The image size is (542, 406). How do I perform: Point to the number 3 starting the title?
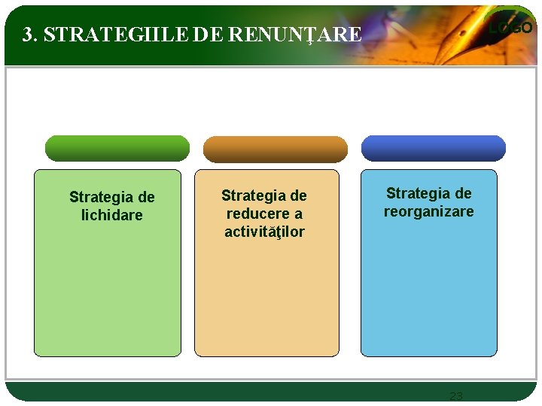28,35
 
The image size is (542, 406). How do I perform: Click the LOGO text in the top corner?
510,28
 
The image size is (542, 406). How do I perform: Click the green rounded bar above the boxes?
117,148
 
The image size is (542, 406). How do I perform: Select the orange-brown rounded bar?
276,149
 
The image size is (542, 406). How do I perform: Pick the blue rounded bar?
434,148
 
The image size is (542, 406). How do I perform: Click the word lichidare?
111,215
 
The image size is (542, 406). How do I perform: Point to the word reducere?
254,214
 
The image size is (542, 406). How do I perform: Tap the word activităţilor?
264,232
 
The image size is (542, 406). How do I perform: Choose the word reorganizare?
428,211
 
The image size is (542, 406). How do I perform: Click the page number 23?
455,395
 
